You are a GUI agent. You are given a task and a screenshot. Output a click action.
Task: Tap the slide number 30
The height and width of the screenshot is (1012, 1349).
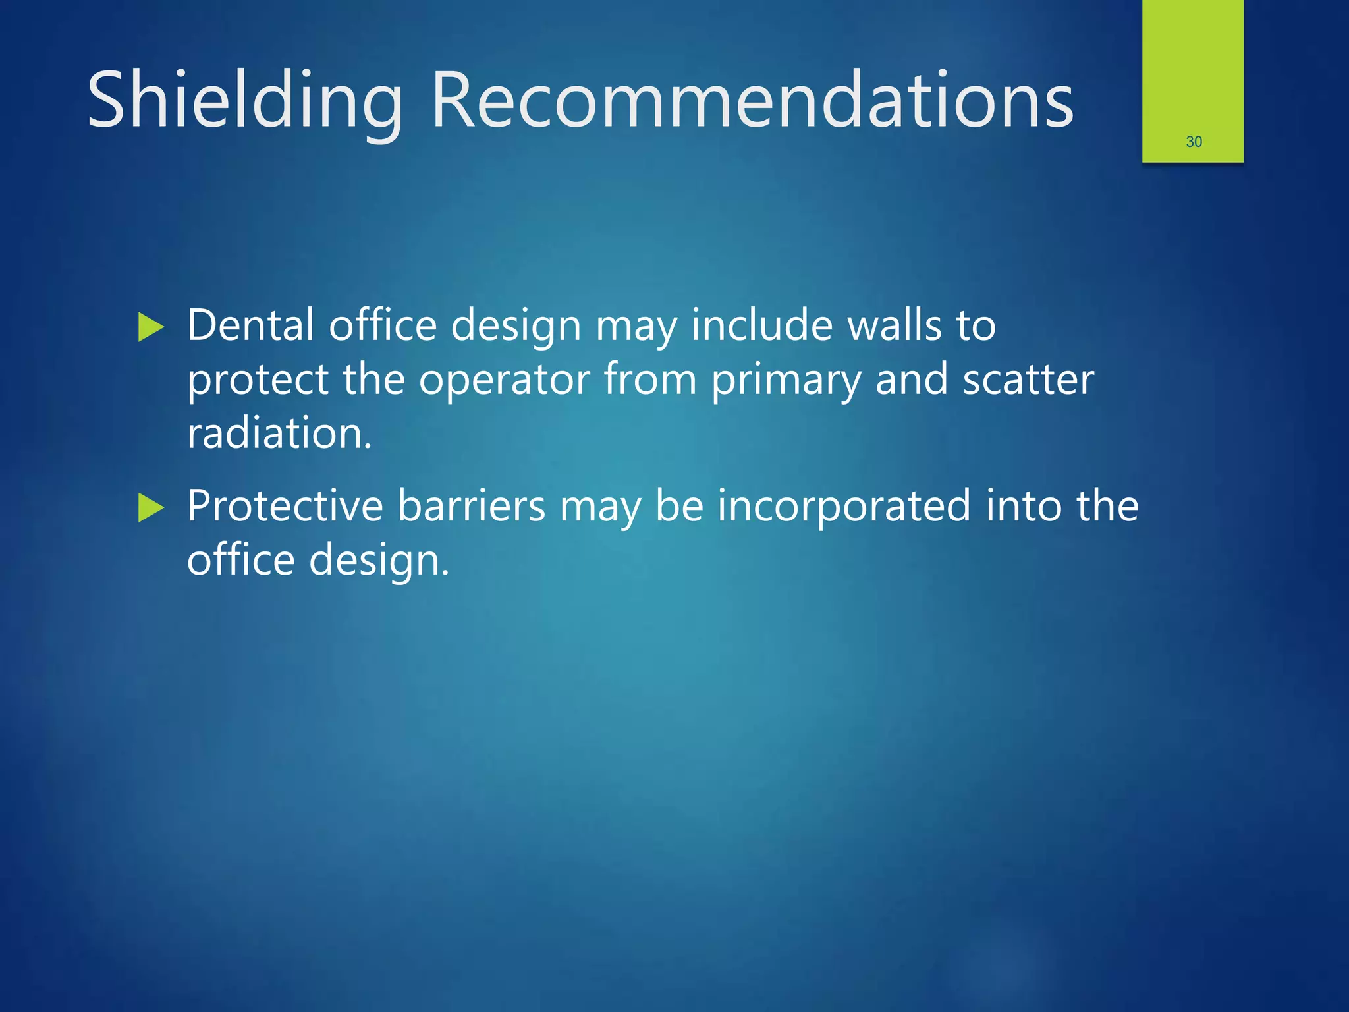1194,142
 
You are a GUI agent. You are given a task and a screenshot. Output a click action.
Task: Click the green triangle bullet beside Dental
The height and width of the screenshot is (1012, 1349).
151,327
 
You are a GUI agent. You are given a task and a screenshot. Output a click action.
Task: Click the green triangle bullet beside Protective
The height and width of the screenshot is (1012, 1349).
151,508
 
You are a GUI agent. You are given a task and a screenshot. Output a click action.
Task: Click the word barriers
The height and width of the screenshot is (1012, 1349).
471,506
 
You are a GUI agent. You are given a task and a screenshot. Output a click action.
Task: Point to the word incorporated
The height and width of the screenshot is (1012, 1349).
844,507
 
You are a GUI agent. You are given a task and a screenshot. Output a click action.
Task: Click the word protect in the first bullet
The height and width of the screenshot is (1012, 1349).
258,381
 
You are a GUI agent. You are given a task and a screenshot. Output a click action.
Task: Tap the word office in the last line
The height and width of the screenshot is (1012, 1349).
240,560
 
